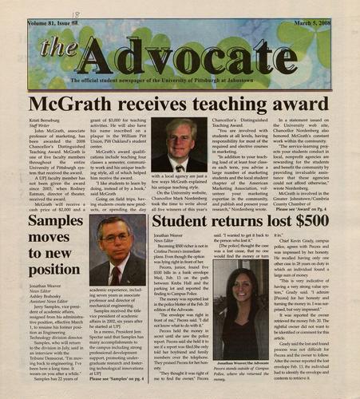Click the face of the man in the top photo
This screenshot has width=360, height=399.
coord(185,142)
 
